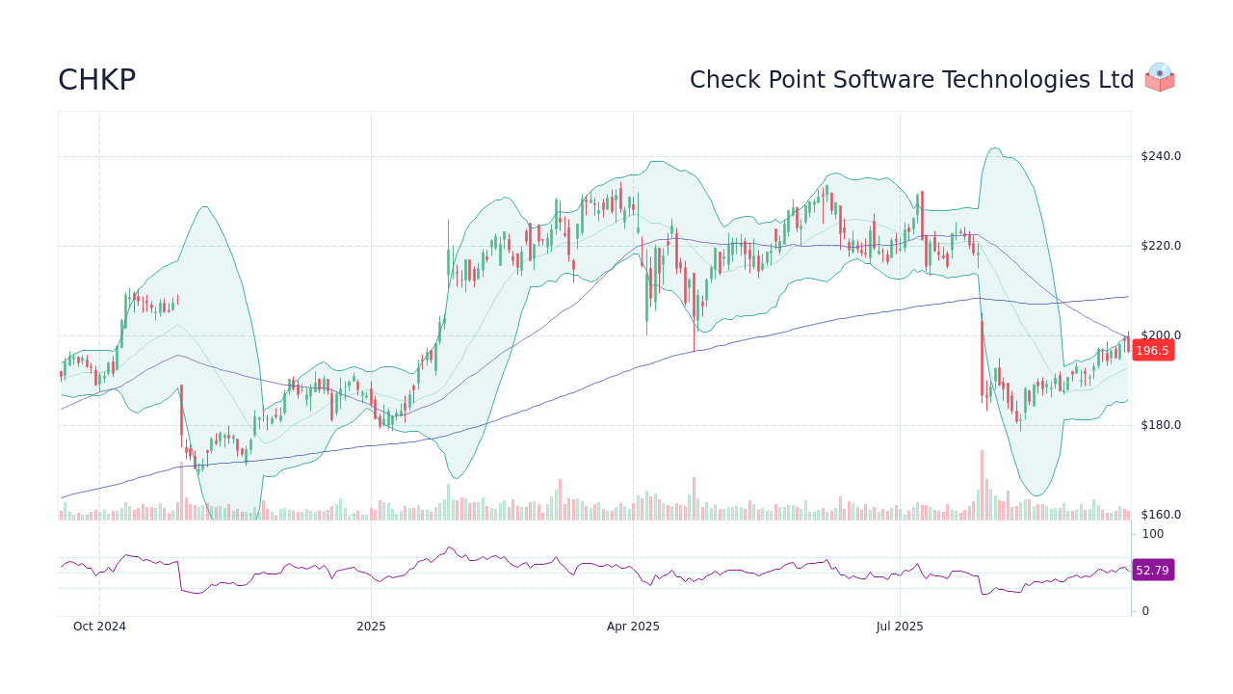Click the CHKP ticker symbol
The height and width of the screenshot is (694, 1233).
96,80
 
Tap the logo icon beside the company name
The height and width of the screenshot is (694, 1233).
1159,77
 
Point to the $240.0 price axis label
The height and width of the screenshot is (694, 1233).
1160,156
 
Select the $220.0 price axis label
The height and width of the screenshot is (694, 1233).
1160,246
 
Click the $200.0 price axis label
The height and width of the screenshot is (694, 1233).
1160,335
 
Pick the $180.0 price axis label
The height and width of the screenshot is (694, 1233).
1160,425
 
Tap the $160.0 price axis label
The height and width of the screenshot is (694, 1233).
1160,515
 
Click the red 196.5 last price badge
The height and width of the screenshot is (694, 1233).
1152,351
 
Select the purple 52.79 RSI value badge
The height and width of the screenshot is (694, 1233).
1152,571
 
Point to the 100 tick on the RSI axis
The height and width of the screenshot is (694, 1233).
1152,534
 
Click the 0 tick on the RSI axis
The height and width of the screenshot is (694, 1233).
1145,611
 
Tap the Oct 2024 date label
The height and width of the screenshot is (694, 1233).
99,627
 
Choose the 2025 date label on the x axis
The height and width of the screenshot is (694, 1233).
371,627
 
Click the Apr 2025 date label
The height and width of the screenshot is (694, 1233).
633,627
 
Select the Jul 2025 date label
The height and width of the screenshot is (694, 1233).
900,627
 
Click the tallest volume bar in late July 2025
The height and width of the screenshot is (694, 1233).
982,486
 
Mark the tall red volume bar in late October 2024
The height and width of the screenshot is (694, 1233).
181,492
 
